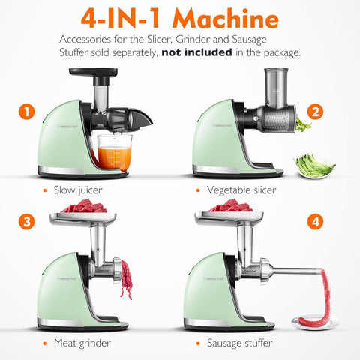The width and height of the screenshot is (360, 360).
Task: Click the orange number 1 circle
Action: point(28,113)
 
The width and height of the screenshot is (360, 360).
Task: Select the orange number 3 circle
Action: point(28,222)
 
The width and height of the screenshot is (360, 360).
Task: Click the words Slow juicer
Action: point(78,190)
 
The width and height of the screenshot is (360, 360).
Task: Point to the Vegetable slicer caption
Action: point(241,190)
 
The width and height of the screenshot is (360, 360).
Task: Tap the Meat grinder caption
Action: point(83,343)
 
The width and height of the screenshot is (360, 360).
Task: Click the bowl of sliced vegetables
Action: point(313,166)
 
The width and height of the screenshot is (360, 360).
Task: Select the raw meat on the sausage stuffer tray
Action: point(232,206)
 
